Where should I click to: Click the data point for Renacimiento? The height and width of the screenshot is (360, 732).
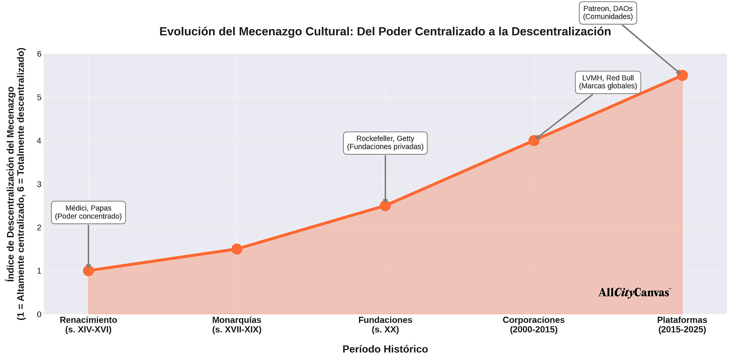click(88, 271)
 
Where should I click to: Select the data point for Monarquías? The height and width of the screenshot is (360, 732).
click(237, 249)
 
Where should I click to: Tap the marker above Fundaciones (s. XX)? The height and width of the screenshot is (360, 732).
click(385, 205)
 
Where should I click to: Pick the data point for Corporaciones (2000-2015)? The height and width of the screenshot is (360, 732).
click(534, 140)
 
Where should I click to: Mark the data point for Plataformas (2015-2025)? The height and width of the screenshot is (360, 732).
click(682, 75)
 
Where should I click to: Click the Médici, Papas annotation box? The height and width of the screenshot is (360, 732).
click(88, 213)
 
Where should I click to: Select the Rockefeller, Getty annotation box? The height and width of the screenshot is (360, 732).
click(385, 143)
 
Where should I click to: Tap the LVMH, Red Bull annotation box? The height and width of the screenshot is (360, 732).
click(608, 82)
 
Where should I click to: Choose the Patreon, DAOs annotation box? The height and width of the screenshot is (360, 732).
click(608, 13)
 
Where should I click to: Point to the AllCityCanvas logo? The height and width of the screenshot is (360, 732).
click(634, 293)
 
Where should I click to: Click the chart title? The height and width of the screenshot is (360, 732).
click(385, 32)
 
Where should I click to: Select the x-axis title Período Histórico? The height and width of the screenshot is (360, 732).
click(385, 349)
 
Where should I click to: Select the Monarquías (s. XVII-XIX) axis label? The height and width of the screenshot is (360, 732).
click(237, 325)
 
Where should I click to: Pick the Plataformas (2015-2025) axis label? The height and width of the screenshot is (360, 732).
click(682, 325)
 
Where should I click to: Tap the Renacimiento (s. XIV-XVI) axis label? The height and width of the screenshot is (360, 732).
click(88, 325)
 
